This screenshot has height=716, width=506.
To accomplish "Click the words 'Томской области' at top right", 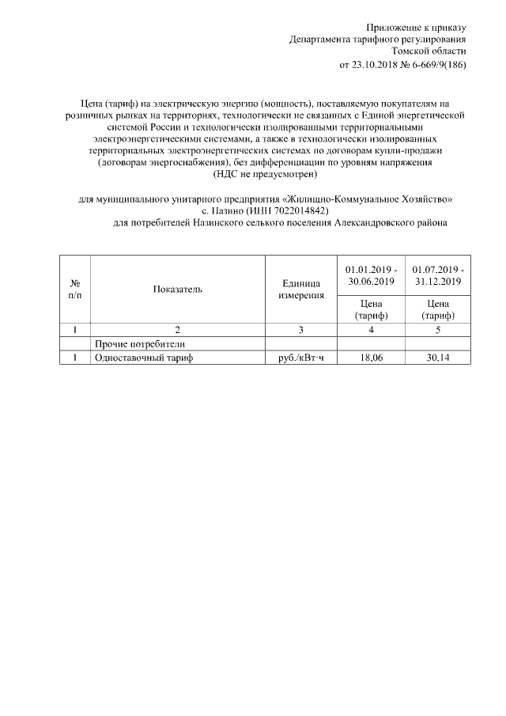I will point(434,51).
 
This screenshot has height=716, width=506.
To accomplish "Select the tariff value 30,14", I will point(437,358).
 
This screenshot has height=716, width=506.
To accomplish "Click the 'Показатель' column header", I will point(178,289).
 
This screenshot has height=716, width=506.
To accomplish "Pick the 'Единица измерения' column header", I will point(300,289).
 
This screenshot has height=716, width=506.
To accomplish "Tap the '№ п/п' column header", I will point(76,289).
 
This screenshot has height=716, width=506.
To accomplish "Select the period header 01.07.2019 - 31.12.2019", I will point(437,275).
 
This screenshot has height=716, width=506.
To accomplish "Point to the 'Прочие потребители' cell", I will point(139,344).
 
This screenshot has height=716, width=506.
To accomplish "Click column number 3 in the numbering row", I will point(300,330).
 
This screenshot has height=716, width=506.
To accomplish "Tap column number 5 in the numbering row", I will point(437,330).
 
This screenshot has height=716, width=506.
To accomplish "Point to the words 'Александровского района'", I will point(391,224).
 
